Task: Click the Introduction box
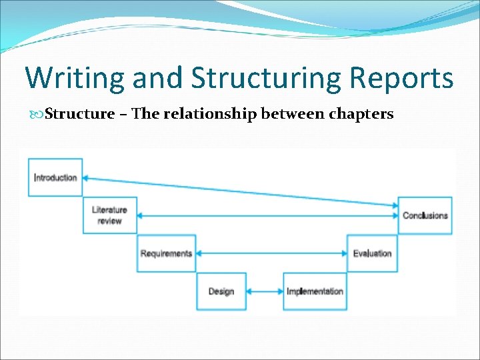55,177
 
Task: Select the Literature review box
109,215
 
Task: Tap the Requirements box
166,253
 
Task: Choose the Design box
221,291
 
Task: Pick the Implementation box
315,291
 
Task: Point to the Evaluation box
373,253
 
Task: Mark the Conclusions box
425,215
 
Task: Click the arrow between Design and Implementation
265,291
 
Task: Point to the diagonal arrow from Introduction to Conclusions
240,191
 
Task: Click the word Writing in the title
74,78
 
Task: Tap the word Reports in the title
399,78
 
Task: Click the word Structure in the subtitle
79,113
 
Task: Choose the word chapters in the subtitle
360,113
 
